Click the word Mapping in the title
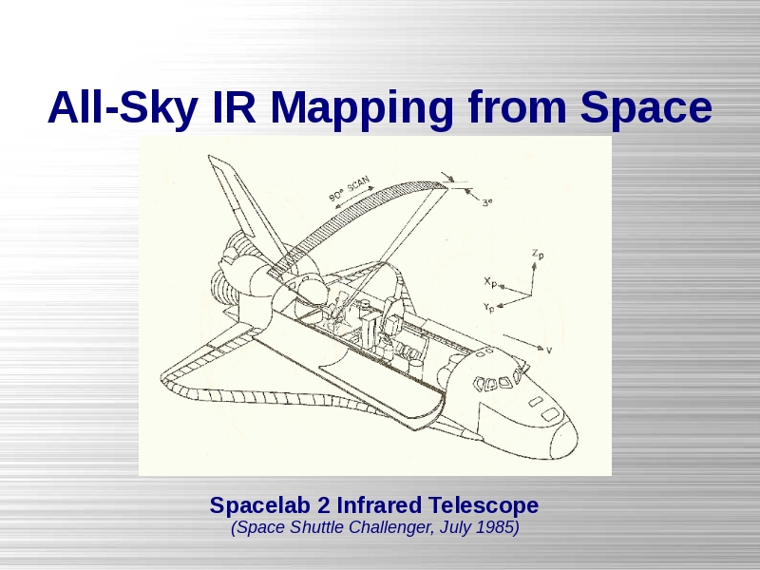(362, 108)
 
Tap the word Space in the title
(646, 108)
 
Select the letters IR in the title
(234, 106)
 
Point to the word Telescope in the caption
(484, 505)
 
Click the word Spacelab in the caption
(260, 505)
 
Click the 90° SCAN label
(349, 189)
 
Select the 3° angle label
(487, 202)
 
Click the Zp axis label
(538, 254)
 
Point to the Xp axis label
(490, 282)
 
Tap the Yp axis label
(489, 308)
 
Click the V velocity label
(549, 350)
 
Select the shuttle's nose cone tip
(577, 435)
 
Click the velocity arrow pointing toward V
(523, 342)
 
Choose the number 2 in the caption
(324, 505)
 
